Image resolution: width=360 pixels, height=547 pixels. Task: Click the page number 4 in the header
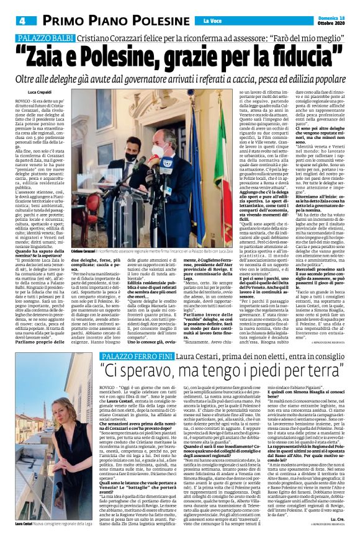[12, 20]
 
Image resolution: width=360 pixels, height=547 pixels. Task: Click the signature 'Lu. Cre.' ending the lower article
[340, 517]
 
